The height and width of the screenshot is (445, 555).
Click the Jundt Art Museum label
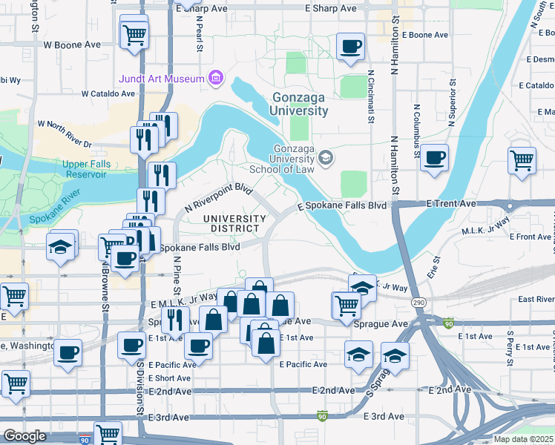(160, 79)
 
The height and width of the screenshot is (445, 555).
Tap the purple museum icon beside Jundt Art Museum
(215, 77)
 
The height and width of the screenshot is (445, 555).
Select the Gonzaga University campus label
(300, 105)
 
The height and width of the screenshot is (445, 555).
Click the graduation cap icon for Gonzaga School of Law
(324, 157)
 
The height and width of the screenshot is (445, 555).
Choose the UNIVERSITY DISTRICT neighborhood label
(234, 223)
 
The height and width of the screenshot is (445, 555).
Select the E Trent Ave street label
(451, 203)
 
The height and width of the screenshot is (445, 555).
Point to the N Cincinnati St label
(370, 96)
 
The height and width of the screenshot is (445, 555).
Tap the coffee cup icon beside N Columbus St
(434, 157)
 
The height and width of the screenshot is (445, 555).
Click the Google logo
(24, 436)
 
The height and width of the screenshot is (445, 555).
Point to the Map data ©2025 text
(523, 439)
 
